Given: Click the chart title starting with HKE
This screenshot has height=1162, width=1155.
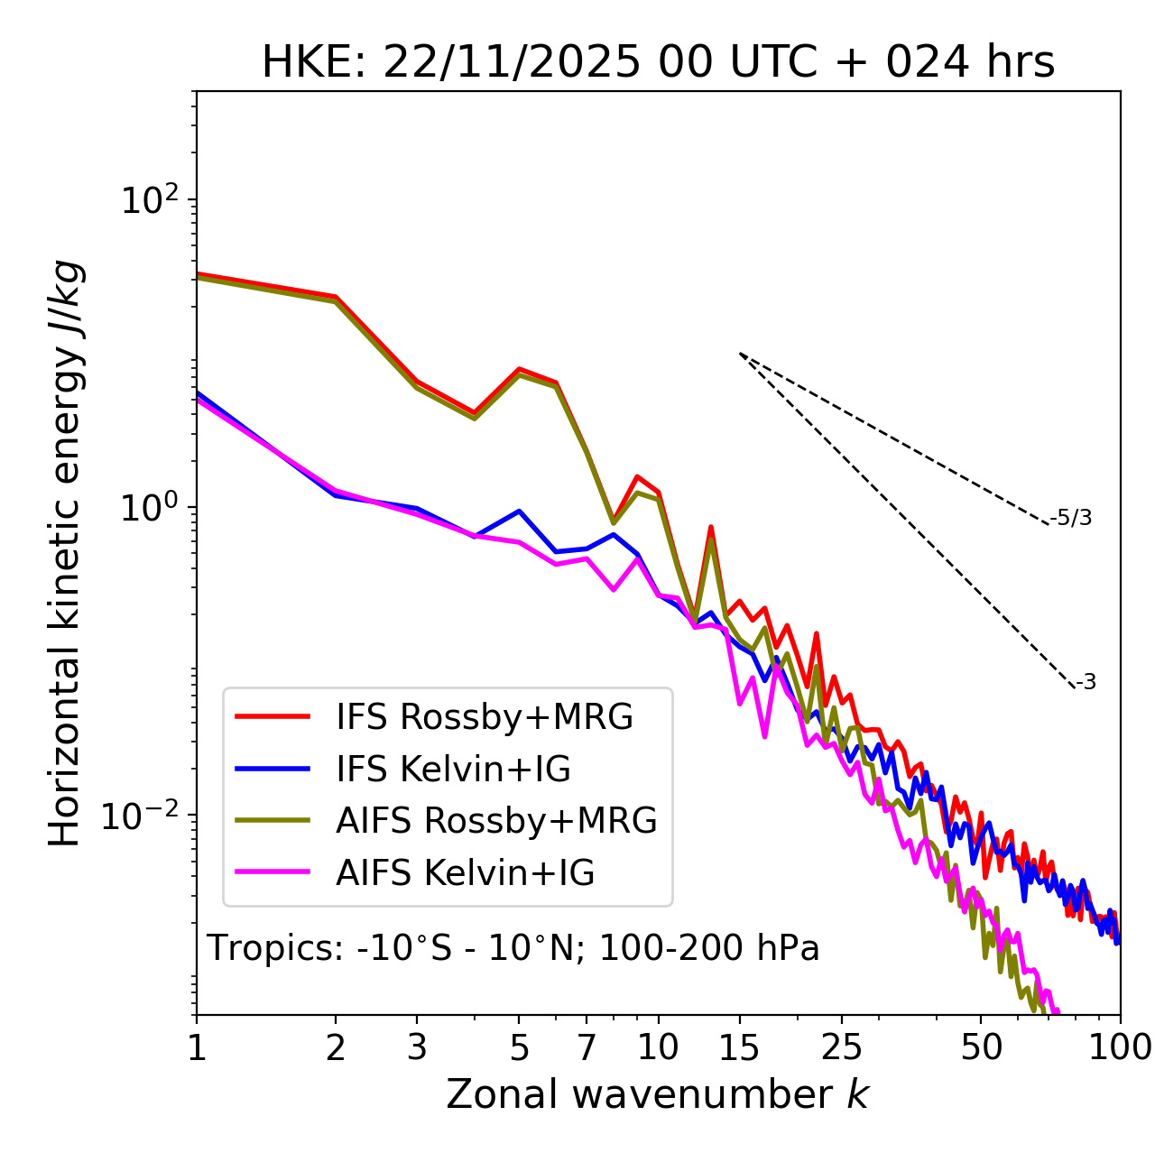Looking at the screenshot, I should [x=658, y=62].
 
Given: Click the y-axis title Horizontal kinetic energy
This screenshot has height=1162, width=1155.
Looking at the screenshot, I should [x=66, y=554].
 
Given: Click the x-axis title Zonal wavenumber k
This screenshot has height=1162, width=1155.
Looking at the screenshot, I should [x=657, y=1094].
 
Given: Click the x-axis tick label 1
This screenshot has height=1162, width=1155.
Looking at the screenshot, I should [x=197, y=1047].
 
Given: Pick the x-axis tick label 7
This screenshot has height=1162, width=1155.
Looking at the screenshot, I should [x=587, y=1047].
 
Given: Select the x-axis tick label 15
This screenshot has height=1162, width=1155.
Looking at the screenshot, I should [x=739, y=1047].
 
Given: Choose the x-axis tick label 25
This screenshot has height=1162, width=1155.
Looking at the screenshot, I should [x=841, y=1047].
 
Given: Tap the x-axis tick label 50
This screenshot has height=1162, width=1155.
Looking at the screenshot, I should [x=981, y=1047].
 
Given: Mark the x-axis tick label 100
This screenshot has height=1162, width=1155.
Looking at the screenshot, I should [x=1119, y=1047].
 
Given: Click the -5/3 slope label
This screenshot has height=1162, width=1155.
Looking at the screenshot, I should [x=1071, y=518].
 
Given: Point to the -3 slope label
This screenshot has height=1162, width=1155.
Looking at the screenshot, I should [x=1086, y=683].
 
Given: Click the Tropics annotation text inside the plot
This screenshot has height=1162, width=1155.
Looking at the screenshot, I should [x=513, y=948].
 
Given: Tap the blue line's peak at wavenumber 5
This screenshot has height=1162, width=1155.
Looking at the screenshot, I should [x=519, y=511].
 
